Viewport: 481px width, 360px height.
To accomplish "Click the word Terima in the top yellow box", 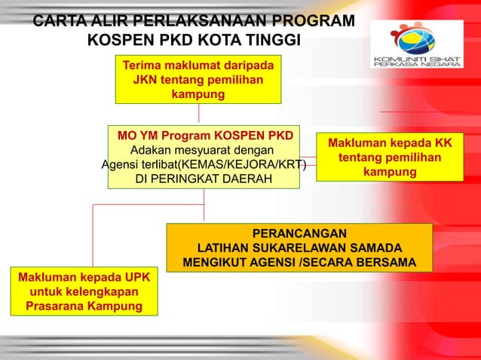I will (x=146, y=64).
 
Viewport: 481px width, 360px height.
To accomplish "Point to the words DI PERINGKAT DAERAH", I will (x=204, y=179).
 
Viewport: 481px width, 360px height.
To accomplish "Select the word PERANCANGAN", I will (x=299, y=233).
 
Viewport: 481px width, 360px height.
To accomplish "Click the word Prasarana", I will (x=58, y=307).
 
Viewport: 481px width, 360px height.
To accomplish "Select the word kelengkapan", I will (x=100, y=291).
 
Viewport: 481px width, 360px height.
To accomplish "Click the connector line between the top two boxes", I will (x=198, y=114).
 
